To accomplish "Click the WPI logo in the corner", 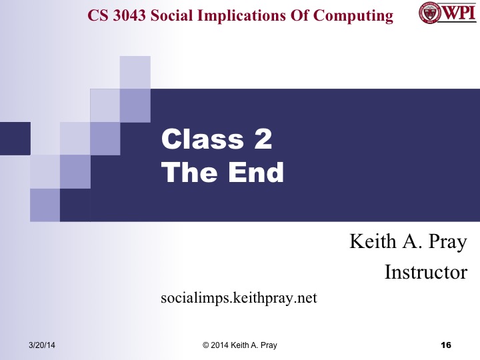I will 447,13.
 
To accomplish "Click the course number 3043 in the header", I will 129,15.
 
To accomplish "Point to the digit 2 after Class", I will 262,141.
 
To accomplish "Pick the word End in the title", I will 253,173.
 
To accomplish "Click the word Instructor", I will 426,272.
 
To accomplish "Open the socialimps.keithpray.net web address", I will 239,297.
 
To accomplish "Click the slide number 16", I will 446,345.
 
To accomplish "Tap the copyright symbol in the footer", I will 206,345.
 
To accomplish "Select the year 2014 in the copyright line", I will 221,345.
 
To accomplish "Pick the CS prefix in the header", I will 99,15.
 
